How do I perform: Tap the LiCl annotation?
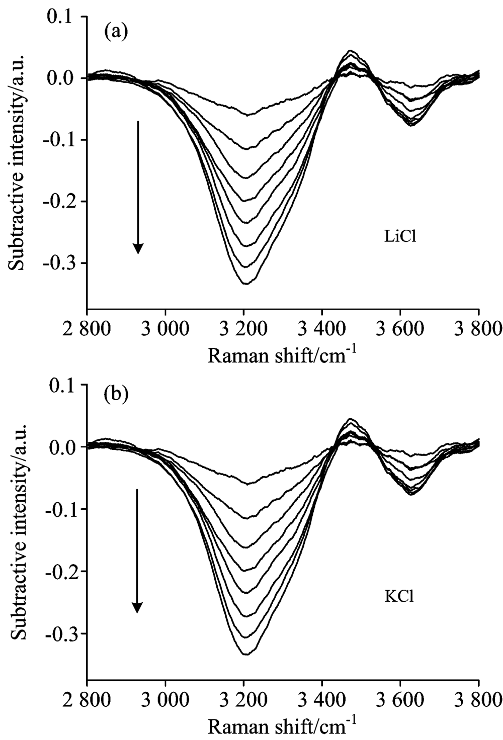(400, 236)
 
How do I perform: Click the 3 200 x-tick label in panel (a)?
(243, 330)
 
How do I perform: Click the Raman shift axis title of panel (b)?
(282, 724)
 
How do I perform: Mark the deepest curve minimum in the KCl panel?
(245, 654)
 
